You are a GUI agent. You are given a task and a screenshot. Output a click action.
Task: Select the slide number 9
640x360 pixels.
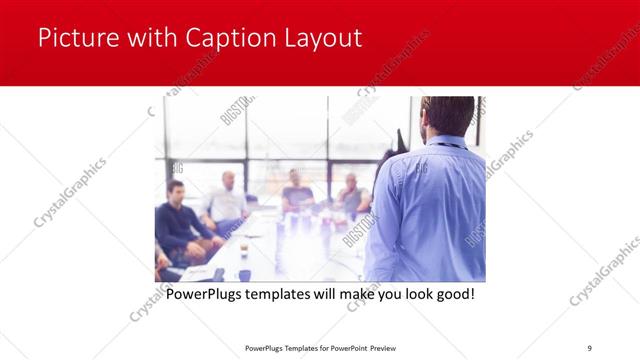[x=589, y=347]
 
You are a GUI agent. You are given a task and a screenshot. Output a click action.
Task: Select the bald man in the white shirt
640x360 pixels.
[x=227, y=200]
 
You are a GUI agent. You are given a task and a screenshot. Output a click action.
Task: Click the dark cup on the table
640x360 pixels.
[x=244, y=274]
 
